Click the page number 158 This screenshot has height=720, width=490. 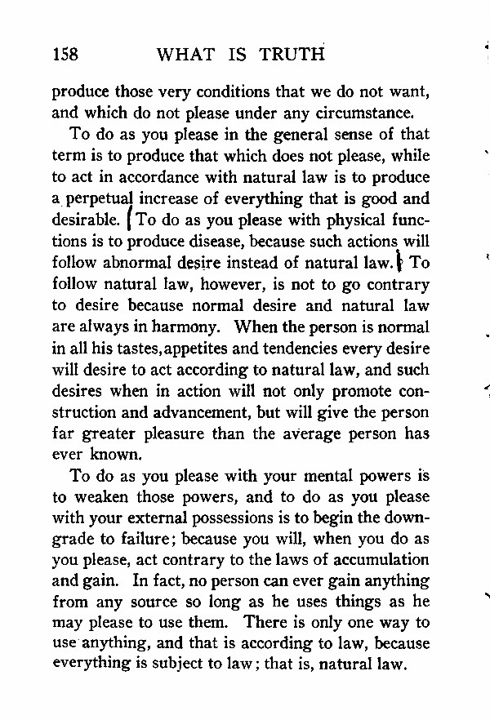point(65,55)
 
